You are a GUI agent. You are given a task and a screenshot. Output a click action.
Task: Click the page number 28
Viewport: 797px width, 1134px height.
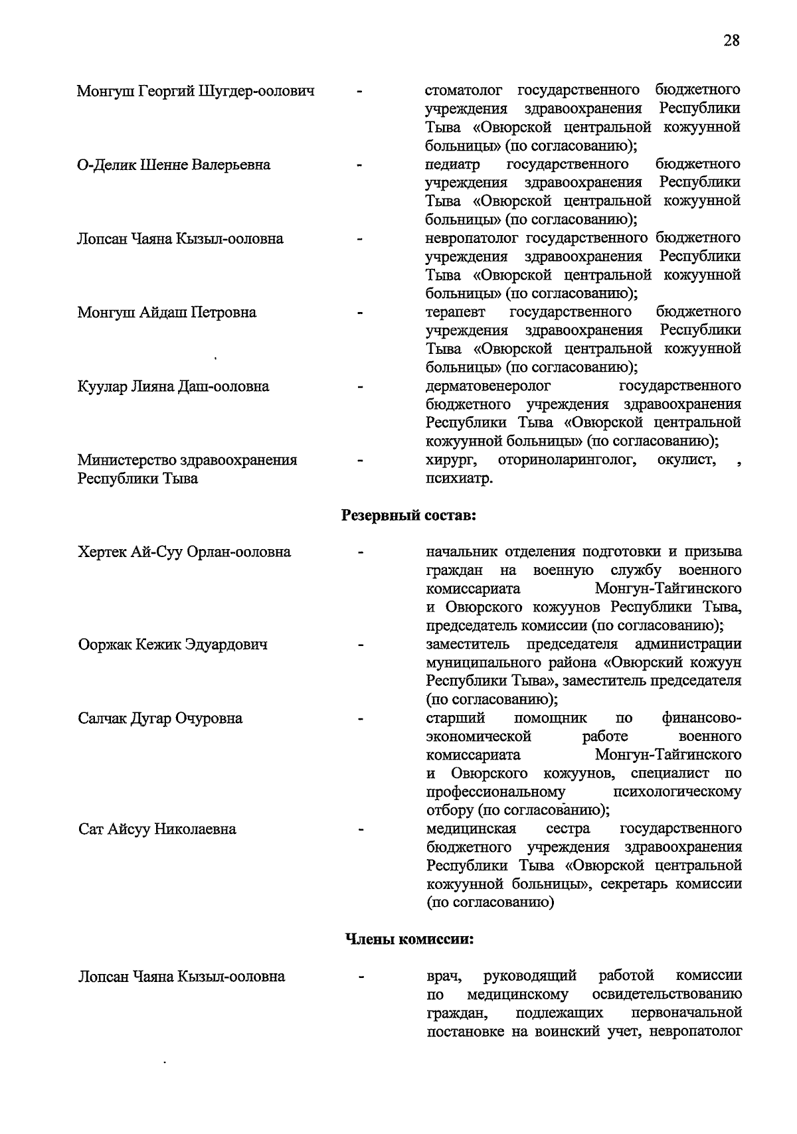pos(731,40)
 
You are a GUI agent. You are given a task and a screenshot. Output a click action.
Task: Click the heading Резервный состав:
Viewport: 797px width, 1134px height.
pos(408,515)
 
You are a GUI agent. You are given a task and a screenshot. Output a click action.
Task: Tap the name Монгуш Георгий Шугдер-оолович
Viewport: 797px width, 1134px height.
pos(196,91)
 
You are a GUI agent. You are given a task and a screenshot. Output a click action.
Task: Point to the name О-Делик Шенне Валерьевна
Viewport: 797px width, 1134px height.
pos(174,165)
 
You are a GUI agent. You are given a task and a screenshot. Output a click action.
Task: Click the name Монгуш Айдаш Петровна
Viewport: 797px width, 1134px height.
pos(167,312)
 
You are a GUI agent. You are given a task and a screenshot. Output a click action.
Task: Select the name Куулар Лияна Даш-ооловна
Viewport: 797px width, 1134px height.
pos(173,386)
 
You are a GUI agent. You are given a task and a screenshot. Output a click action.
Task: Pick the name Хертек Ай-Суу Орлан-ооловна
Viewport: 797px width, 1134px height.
pos(184,552)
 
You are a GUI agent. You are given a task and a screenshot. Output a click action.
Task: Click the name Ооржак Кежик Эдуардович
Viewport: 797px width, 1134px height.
pos(173,644)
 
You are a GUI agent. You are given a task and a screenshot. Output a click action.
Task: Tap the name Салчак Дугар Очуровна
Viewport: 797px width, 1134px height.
pos(160,718)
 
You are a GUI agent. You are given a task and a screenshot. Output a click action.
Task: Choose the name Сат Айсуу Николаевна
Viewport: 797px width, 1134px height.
pos(157,829)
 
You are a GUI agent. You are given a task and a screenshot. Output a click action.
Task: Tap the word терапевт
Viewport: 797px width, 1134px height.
pos(456,311)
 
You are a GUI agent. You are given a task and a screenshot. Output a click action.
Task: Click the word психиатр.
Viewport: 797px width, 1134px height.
pos(458,479)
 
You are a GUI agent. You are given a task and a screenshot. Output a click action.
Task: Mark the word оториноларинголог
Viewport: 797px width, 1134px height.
pos(566,460)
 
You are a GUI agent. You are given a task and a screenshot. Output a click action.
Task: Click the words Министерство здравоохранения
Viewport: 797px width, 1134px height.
pos(187,460)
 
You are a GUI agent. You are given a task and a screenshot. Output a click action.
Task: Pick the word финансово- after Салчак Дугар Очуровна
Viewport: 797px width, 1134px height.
pos(701,718)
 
